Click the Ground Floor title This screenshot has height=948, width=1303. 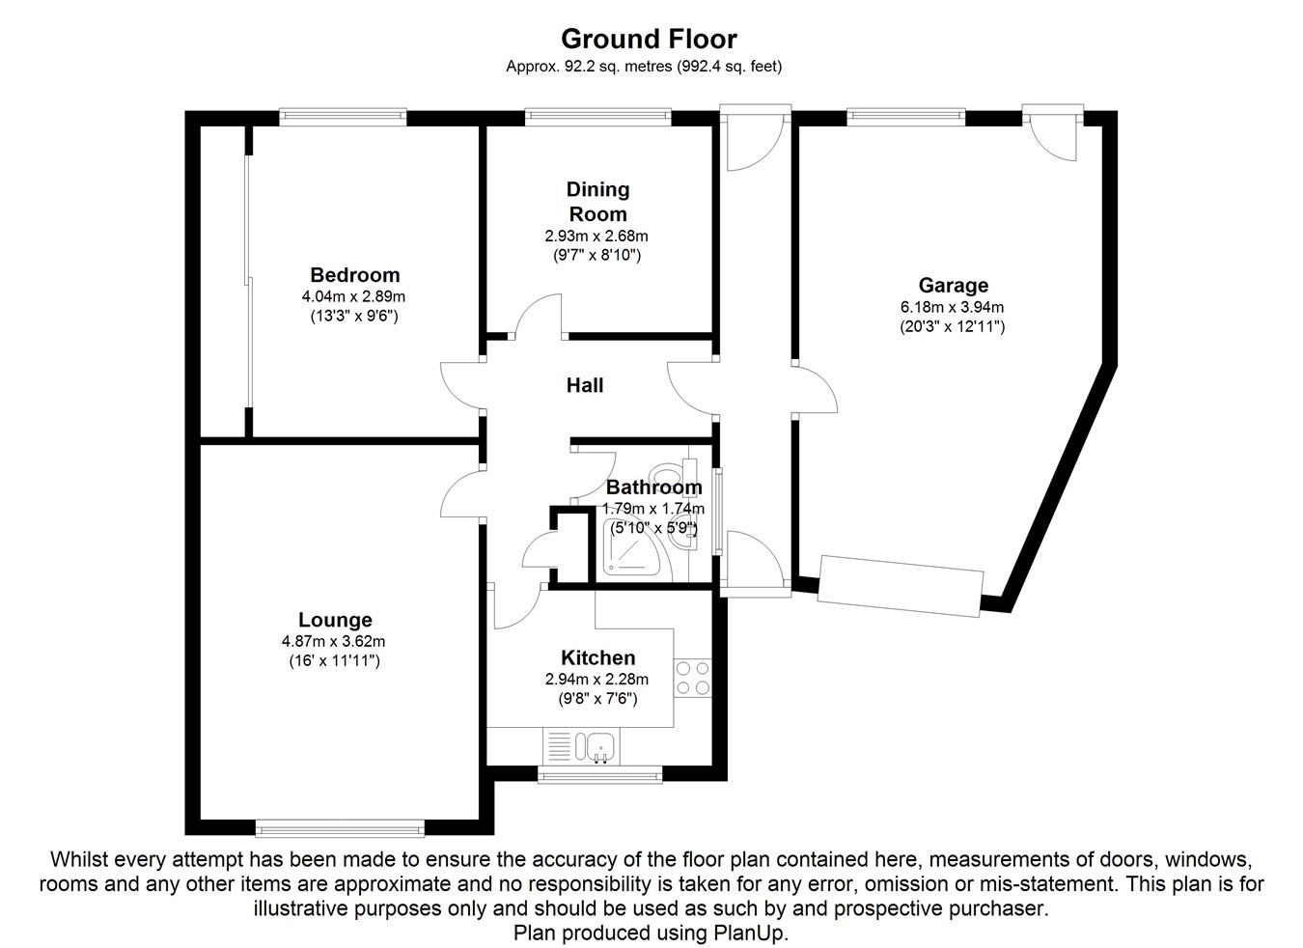point(649,39)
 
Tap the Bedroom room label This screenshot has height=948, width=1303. point(355,275)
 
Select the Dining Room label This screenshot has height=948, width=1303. point(598,202)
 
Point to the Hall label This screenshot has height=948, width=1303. point(585,385)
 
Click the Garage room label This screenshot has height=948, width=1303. point(954,285)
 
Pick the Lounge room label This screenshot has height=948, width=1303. point(335,620)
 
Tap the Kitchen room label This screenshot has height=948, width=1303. point(598,657)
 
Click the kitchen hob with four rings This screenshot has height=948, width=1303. point(693,678)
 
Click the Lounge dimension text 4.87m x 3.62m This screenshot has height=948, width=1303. point(333,641)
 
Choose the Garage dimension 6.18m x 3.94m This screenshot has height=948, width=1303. point(953,307)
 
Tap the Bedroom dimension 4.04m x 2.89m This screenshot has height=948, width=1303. point(353,296)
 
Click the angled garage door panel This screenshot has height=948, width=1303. point(901,586)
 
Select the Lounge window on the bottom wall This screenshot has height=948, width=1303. point(340,827)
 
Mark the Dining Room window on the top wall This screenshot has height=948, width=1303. point(598,117)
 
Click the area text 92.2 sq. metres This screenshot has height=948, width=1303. point(619,67)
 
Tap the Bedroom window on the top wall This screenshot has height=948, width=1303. point(343,117)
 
